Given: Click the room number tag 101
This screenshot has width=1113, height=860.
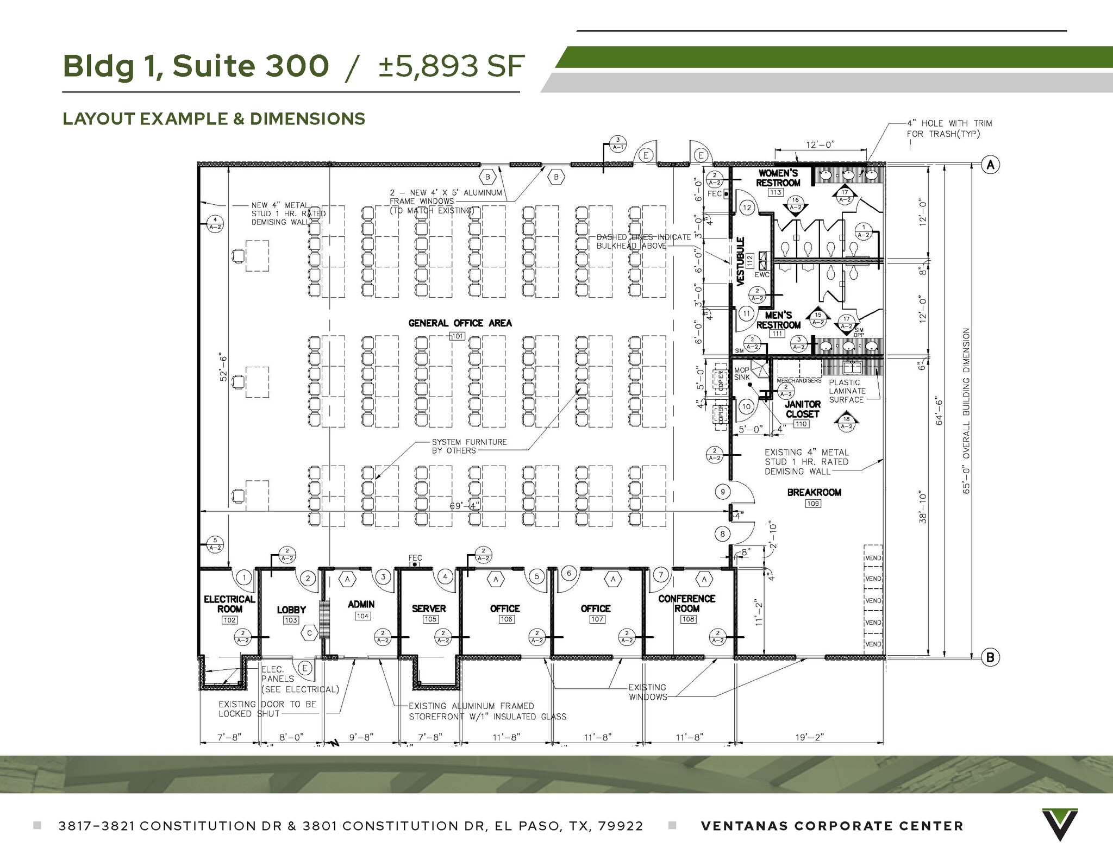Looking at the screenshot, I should (x=458, y=336).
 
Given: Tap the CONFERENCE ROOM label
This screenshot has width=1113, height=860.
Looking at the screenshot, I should (x=686, y=603).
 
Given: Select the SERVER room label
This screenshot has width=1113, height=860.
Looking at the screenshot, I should (x=429, y=608).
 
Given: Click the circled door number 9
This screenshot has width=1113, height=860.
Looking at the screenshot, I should (x=722, y=492).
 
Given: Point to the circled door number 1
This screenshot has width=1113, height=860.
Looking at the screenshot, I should (x=245, y=577).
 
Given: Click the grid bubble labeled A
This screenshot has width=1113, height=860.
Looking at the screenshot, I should (x=990, y=165).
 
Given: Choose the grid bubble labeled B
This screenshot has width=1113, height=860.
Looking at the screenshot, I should (x=990, y=658).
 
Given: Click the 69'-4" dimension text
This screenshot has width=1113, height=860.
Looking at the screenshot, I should (x=465, y=506).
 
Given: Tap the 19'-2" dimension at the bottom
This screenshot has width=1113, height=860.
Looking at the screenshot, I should (x=809, y=737).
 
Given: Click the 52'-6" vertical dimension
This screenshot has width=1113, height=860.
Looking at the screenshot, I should (x=223, y=368).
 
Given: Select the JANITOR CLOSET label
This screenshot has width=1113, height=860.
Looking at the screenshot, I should (x=802, y=409).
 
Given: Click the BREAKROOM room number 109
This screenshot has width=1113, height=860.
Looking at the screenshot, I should (x=813, y=504).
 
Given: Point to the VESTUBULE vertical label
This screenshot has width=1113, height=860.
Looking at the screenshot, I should (x=740, y=261).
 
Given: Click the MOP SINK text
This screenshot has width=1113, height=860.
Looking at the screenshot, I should (x=742, y=374).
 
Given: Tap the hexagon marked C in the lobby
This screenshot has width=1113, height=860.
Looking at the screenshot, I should (x=310, y=633).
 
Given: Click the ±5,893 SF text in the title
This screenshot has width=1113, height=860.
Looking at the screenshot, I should (x=451, y=66).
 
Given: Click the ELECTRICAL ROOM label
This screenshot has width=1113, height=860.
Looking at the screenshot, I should (x=229, y=604).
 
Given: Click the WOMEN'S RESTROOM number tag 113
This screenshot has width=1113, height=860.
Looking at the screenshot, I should (x=776, y=192).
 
